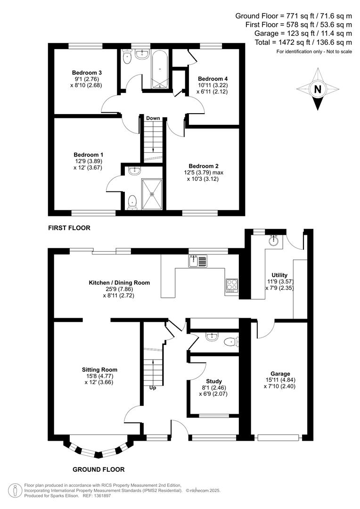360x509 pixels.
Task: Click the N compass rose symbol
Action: [318, 89]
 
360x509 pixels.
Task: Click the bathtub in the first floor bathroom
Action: [158, 69]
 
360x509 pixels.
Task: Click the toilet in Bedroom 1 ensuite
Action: [132, 201]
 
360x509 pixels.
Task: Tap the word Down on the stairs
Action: [153, 118]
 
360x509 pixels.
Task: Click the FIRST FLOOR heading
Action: [69, 228]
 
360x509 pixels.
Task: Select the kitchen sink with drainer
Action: [198, 261]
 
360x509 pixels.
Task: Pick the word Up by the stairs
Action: [153, 388]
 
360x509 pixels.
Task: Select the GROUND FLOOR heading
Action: [98, 469]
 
